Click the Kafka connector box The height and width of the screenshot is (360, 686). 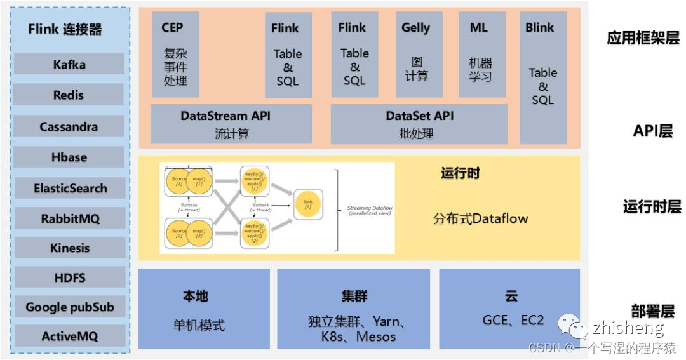click(69, 64)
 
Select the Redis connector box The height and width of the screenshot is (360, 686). click(69, 95)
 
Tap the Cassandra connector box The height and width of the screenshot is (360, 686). click(69, 126)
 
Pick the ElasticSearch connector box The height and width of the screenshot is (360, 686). click(69, 188)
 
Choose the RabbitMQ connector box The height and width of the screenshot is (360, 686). click(69, 218)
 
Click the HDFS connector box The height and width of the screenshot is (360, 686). click(69, 277)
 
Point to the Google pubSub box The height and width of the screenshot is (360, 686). click(69, 307)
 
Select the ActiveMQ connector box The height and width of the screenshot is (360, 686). click(69, 337)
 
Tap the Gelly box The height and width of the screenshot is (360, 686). click(416, 55)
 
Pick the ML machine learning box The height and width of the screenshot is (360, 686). click(481, 55)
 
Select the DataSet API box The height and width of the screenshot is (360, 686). click(419, 124)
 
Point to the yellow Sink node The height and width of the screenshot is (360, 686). click(307, 204)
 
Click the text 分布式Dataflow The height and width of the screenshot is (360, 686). click(481, 218)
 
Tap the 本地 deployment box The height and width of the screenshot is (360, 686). click(204, 309)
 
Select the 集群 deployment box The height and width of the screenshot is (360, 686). click(353, 309)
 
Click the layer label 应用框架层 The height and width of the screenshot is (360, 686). click(643, 37)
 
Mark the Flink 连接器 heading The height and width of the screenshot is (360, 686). click(65, 29)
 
